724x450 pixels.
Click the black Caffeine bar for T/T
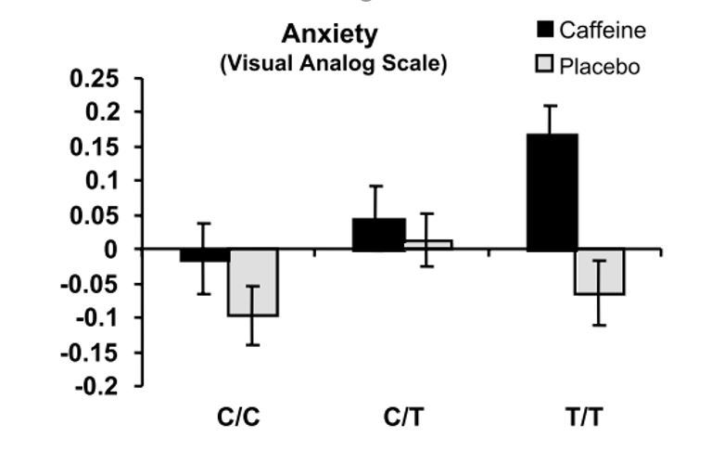point(552,192)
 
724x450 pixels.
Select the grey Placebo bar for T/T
point(600,272)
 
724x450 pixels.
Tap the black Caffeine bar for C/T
point(379,234)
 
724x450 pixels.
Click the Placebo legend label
point(599,67)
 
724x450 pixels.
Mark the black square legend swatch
point(545,30)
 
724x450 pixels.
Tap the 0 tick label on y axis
point(110,250)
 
